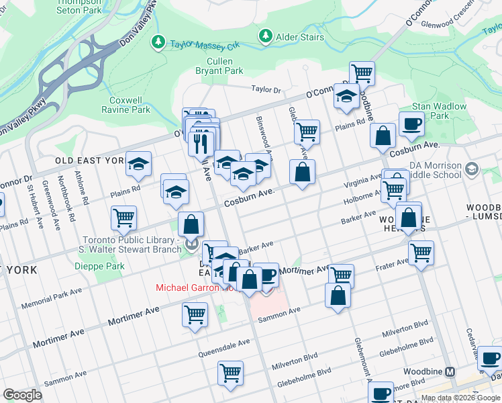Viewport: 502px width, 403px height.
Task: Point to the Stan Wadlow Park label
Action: [x=430, y=111]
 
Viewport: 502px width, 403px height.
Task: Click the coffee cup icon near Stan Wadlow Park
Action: [x=411, y=123]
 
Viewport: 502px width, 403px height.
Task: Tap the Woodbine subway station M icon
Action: [x=450, y=371]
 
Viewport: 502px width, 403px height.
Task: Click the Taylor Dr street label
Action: [x=266, y=89]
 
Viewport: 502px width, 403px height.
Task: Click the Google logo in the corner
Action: [x=22, y=394]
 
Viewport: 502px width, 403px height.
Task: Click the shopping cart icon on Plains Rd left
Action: [x=124, y=218]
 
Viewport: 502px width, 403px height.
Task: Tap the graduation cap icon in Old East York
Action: [x=138, y=164]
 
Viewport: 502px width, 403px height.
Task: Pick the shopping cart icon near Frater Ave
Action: [x=421, y=253]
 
